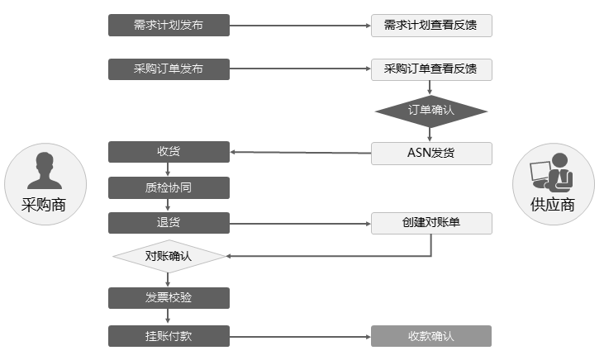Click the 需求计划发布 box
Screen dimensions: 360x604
169,25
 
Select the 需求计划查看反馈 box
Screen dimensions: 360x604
431,26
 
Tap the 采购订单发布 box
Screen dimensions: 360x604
169,69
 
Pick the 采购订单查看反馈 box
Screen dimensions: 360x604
431,69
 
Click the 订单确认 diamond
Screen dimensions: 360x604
431,110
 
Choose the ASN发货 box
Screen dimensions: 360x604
431,153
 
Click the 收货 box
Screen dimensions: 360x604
169,152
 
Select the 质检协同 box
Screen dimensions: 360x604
169,187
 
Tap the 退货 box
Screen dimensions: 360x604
169,223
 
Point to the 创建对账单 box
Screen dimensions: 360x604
431,223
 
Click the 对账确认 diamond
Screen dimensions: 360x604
169,256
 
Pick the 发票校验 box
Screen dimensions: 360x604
169,297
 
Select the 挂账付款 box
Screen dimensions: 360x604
169,336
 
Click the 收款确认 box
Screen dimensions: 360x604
431,336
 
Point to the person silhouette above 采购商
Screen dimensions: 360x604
45,171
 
